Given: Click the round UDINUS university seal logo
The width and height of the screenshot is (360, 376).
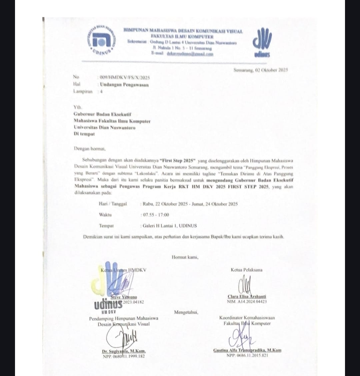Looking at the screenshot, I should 102,40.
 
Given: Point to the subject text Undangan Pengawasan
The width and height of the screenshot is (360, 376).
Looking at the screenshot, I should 124,85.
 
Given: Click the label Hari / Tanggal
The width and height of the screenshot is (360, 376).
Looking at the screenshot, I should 113,204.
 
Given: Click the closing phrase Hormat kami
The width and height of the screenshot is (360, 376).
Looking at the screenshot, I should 185,257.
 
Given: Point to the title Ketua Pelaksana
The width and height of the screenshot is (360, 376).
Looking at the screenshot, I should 246,270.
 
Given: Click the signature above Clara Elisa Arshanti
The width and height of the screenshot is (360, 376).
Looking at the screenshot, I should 246,284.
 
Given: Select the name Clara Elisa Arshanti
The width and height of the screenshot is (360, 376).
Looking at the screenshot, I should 247,296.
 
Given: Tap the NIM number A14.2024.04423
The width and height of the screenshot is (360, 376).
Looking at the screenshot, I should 247,302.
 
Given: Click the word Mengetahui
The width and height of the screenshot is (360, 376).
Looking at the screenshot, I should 186,312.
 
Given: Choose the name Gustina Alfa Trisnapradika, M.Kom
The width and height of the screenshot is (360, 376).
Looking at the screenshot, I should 247,350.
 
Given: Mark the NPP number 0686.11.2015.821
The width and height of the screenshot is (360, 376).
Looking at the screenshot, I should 247,355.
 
